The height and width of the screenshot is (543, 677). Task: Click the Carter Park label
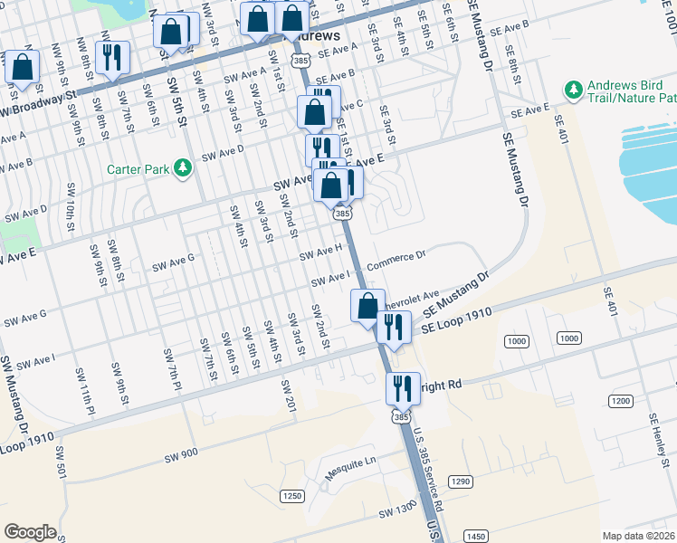coord(138,169)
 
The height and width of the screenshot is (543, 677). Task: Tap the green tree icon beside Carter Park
coord(184,168)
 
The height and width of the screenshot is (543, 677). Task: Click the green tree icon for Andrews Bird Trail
coord(573,90)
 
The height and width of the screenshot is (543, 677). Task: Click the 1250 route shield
coord(291,496)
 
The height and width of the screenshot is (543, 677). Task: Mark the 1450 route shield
coord(474,537)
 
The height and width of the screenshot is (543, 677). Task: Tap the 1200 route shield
coord(620,401)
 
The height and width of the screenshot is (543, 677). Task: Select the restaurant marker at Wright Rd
coord(403,388)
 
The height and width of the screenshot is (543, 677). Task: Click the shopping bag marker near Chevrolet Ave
coord(367,305)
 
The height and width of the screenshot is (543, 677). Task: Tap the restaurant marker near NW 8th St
coord(112,58)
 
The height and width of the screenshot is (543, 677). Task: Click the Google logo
coord(30,532)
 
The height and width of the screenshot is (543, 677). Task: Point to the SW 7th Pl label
coord(168,367)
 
